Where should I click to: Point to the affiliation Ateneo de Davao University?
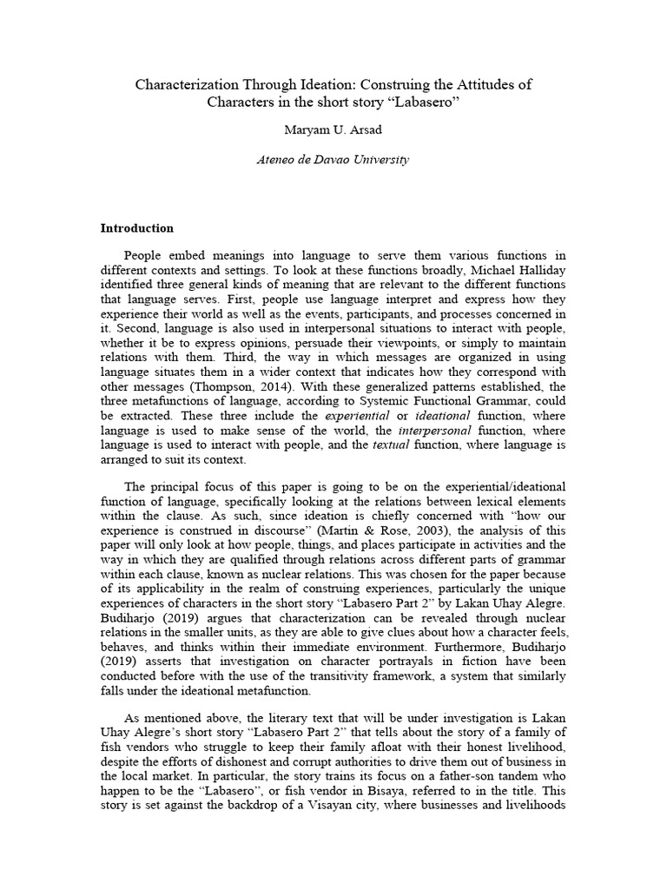coord(333,160)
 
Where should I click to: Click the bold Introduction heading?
coord(137,228)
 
